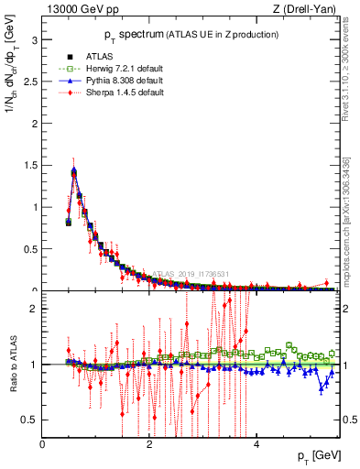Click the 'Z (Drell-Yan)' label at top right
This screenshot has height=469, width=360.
309,9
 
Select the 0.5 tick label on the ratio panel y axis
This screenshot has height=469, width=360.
29,420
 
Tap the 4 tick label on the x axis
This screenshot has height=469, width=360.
256,443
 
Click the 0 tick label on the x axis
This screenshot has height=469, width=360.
42,443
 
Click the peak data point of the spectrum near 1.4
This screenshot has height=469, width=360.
73,171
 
